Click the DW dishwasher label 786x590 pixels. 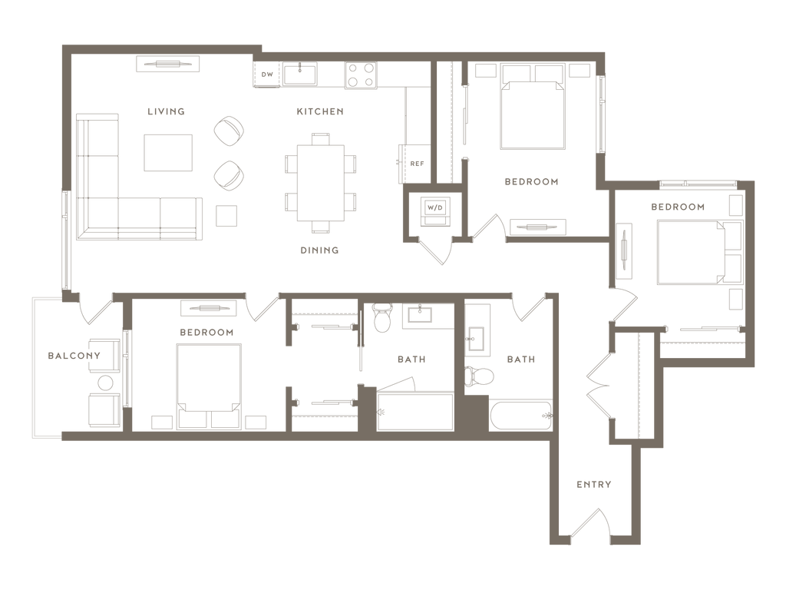(267, 75)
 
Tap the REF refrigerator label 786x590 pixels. (417, 164)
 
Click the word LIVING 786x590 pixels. (166, 111)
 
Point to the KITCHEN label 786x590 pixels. (320, 111)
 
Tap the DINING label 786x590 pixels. (320, 250)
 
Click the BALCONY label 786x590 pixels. (74, 356)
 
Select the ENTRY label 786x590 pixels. (594, 484)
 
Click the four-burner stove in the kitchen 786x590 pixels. (361, 75)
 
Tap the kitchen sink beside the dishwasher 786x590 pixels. (300, 75)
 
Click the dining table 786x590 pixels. (321, 183)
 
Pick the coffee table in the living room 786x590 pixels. (168, 153)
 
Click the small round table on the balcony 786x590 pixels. (106, 383)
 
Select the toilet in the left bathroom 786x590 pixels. (382, 317)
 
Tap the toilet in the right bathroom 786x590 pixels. (479, 376)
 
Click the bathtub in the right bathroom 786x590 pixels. (521, 416)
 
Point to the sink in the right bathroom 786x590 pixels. (474, 340)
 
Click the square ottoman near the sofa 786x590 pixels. (226, 216)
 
